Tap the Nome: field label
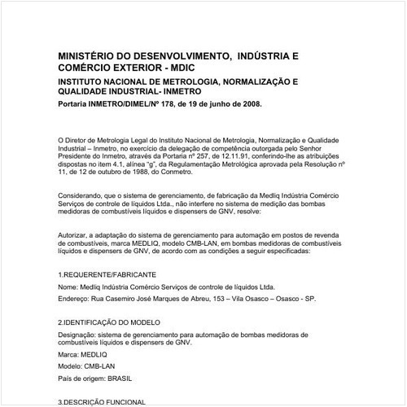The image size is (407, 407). [68, 287]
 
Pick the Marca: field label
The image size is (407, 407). [70, 356]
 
